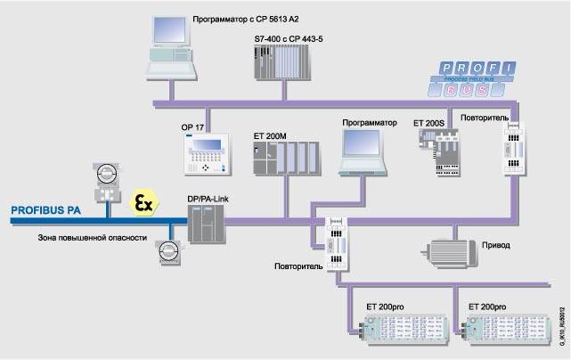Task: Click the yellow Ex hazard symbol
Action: [x=142, y=202]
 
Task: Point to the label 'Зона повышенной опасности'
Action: [x=79, y=238]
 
